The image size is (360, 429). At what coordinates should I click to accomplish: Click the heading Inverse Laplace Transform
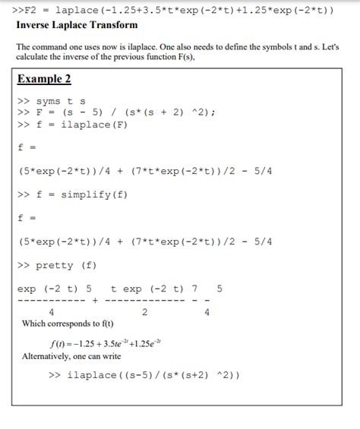(x=66, y=25)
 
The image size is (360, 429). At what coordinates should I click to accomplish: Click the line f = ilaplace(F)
(x=72, y=125)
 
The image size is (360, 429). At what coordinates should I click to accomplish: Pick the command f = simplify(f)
(x=72, y=194)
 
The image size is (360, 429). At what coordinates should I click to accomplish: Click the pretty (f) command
(x=56, y=265)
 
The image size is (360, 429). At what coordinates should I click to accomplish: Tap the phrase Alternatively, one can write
(x=71, y=356)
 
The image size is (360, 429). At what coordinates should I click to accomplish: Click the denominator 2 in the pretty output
(x=144, y=311)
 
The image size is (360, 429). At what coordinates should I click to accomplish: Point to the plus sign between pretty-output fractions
(x=95, y=300)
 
